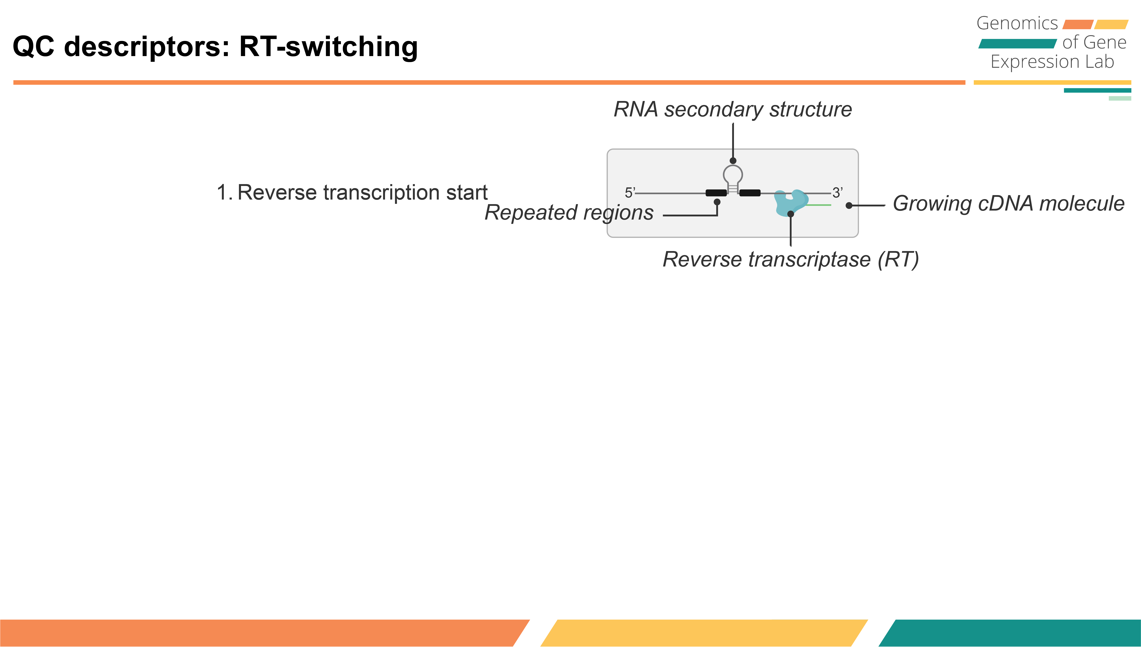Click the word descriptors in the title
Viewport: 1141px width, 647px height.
pos(147,47)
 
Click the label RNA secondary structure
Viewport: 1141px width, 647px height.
pos(732,109)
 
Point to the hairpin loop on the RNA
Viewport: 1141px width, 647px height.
pos(732,174)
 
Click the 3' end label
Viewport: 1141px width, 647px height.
pos(837,193)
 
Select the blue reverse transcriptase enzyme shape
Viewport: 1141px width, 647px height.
pos(789,202)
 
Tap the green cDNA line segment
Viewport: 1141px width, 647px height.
pos(818,205)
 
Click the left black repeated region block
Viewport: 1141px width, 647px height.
pos(716,193)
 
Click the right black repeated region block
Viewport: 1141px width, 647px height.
pos(750,193)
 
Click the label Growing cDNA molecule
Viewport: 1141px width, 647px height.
pos(1009,204)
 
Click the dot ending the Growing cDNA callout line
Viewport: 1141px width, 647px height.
pos(849,205)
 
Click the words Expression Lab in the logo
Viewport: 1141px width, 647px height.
pos(1052,62)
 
